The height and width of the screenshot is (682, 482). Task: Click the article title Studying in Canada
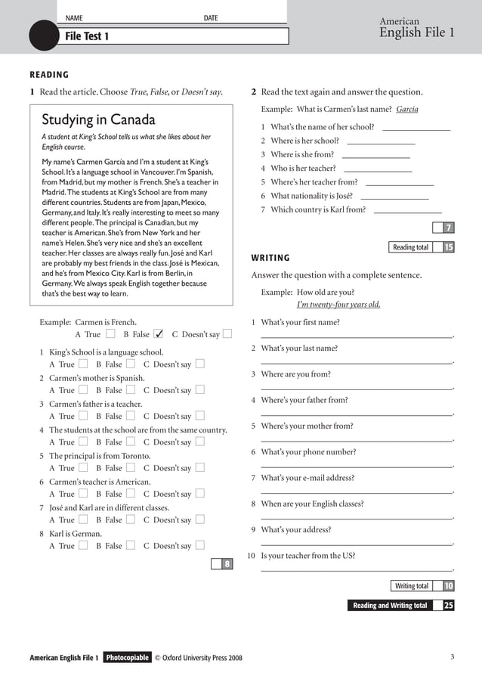(x=98, y=120)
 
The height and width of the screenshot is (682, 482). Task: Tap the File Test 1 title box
(x=174, y=36)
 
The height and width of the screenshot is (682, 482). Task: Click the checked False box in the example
(x=159, y=334)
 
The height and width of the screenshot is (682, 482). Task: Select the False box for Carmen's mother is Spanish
(x=131, y=390)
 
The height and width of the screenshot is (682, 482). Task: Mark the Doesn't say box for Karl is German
(x=200, y=545)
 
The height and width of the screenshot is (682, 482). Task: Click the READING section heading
(x=49, y=75)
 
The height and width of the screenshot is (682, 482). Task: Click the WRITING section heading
(x=270, y=258)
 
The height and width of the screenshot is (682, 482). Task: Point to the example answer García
(x=406, y=109)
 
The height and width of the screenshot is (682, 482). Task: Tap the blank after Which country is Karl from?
(x=407, y=211)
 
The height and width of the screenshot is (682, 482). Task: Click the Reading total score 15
(x=448, y=247)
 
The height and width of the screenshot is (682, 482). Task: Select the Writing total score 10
(x=448, y=586)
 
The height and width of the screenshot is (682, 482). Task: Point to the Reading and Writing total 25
(x=448, y=606)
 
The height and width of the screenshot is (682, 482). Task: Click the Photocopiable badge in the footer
(x=127, y=658)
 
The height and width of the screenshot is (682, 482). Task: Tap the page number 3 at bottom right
(x=452, y=657)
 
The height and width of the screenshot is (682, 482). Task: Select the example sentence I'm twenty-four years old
(x=338, y=305)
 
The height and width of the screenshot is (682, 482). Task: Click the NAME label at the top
(x=74, y=18)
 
